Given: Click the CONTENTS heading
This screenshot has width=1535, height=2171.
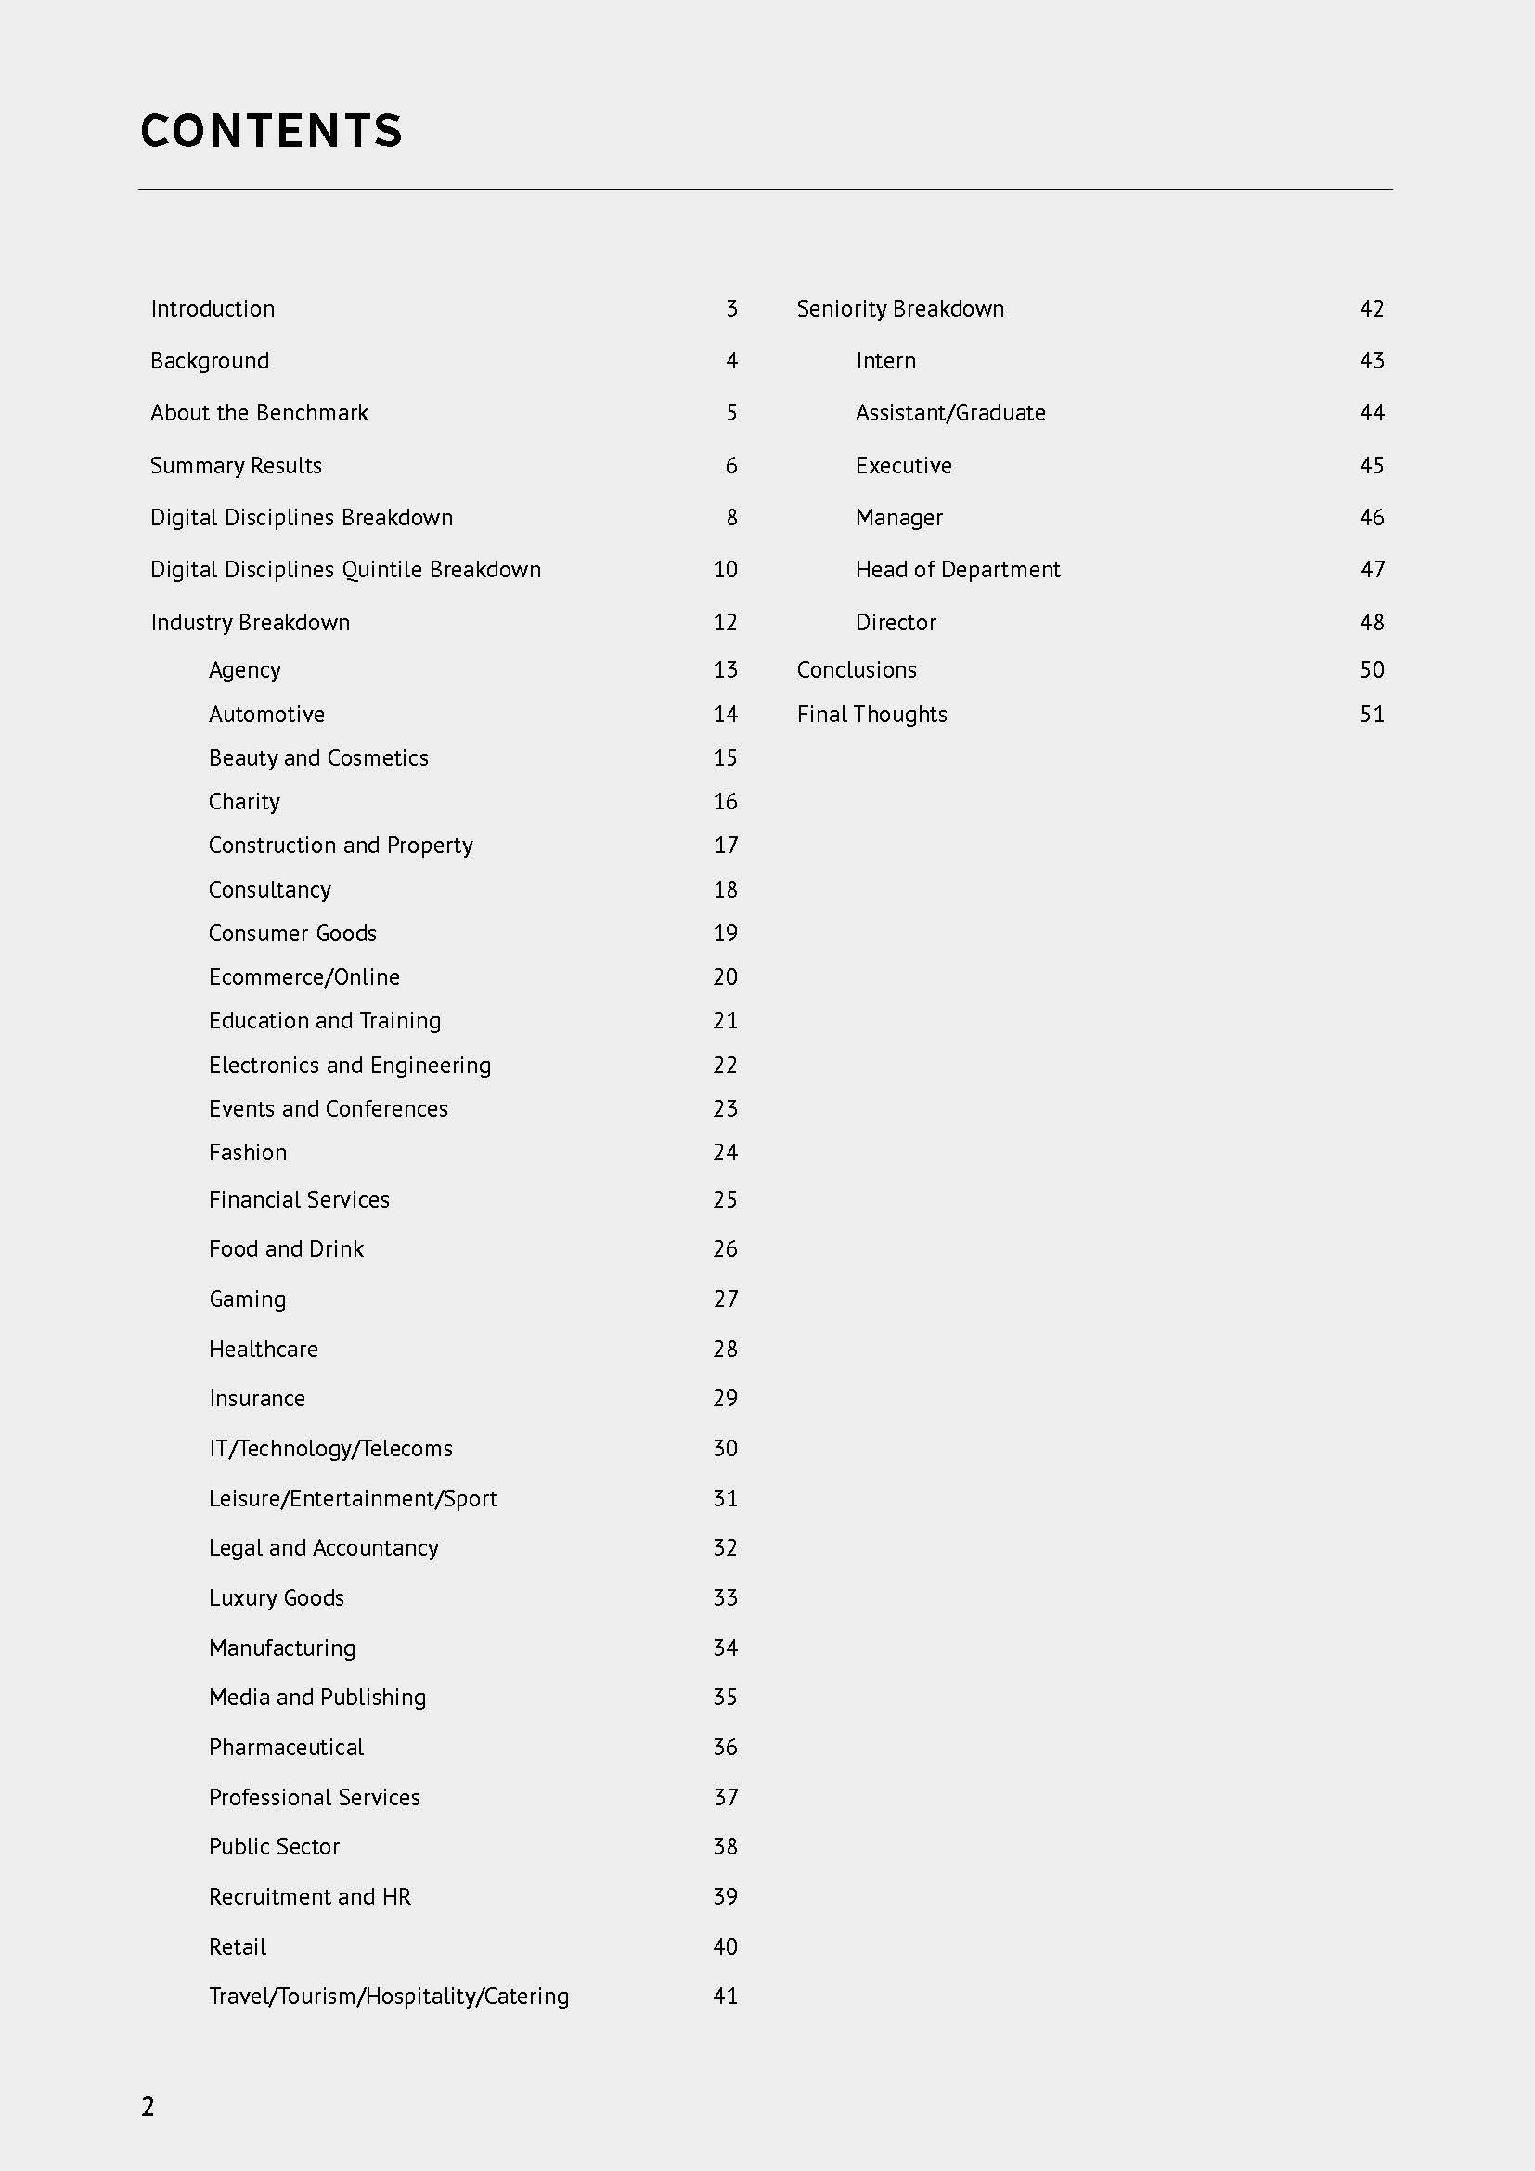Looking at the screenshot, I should [271, 131].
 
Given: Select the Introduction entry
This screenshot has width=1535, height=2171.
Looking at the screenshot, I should [213, 308].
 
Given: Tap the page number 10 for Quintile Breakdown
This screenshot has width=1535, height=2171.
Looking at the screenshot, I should [725, 569].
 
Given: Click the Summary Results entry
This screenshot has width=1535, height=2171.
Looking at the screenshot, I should [236, 465].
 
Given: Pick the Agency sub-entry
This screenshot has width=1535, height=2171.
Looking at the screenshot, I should [245, 669].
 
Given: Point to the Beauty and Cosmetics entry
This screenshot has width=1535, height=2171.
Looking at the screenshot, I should [318, 757].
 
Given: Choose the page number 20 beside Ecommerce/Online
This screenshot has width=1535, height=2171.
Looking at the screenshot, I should [725, 976].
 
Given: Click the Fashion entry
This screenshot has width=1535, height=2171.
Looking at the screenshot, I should [248, 1152].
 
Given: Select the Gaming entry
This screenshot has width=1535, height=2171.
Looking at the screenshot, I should [248, 1299].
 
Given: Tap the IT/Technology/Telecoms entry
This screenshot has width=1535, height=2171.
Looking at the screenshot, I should [330, 1448].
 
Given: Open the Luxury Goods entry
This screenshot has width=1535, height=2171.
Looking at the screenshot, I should [276, 1597].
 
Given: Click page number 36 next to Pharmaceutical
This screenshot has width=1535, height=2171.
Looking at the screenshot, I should [725, 1747].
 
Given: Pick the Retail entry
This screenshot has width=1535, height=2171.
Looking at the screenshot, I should [238, 1946].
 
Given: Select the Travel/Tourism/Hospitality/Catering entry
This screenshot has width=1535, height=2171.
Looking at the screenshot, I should [389, 1996].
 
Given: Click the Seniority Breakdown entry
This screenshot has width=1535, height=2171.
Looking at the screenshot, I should [900, 308].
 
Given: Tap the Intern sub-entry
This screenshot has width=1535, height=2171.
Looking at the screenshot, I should [885, 360].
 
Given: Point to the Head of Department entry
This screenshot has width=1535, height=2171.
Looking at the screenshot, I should [958, 569].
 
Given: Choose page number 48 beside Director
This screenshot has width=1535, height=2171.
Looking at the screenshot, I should [1372, 622].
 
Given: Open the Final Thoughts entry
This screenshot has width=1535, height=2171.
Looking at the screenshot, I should [871, 714].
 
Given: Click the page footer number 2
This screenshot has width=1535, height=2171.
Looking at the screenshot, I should [148, 2107].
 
